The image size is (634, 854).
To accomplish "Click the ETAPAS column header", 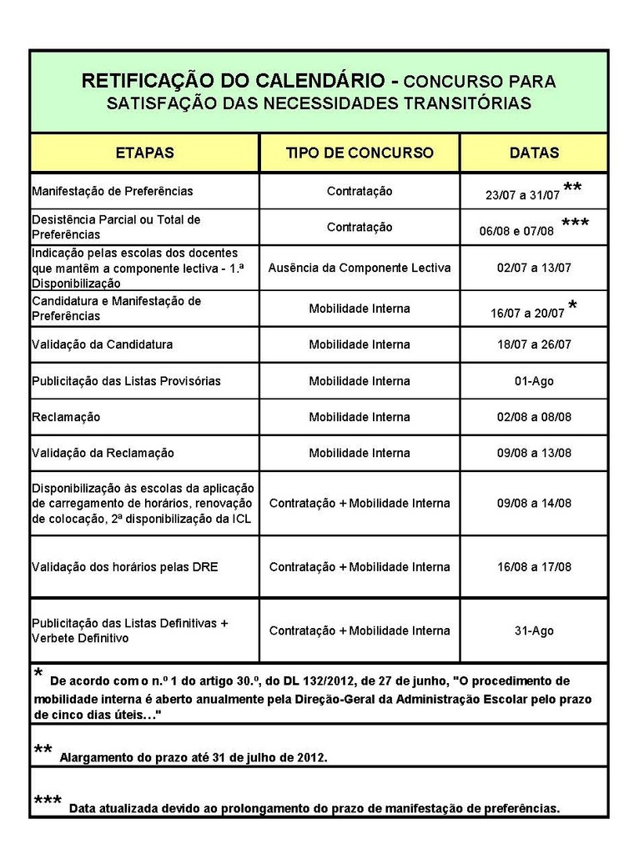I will point(144,153).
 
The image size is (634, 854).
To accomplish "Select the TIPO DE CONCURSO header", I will point(360,153).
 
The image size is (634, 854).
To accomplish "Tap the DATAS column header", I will point(534,153).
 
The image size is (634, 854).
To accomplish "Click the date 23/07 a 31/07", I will point(522,195).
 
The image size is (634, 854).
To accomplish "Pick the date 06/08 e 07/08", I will point(516,231).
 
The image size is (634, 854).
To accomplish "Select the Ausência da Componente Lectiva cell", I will point(360,268).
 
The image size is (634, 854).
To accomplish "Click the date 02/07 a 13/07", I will point(534,268).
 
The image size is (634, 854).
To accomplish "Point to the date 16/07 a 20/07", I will point(528,314).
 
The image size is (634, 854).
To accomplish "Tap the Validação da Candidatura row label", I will point(103,344).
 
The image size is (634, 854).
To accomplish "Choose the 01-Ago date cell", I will point(534,381).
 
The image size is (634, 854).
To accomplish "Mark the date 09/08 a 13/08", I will point(534,453).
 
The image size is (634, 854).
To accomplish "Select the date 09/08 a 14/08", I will point(534,503).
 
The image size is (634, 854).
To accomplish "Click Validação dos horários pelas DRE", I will point(124,567).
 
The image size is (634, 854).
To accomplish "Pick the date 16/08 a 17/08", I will point(534,567).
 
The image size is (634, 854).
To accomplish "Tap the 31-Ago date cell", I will point(534,631).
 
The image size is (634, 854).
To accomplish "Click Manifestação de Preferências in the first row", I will point(112,191).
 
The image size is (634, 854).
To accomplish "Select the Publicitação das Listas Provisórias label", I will point(126,381).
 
